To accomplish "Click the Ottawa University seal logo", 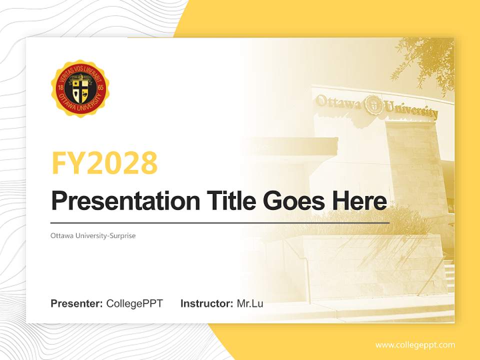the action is click(x=80, y=88).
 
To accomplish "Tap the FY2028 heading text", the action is click(x=104, y=163).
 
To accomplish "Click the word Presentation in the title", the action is click(x=125, y=201).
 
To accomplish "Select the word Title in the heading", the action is click(x=231, y=200).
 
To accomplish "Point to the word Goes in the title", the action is click(x=294, y=201).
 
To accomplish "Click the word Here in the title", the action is click(x=359, y=200).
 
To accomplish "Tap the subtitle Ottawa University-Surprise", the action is click(x=93, y=235).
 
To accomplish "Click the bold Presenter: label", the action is click(x=76, y=303).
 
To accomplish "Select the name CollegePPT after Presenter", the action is click(x=134, y=303).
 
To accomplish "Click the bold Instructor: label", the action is click(x=207, y=303).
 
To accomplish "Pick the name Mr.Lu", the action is click(x=250, y=303).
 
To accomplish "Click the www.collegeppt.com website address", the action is click(x=415, y=345).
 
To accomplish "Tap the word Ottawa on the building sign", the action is click(x=338, y=101).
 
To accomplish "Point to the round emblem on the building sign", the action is click(x=373, y=104).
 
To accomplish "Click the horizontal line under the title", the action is click(x=220, y=223).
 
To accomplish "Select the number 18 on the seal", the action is click(x=60, y=88).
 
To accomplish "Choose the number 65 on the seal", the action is click(x=100, y=88).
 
